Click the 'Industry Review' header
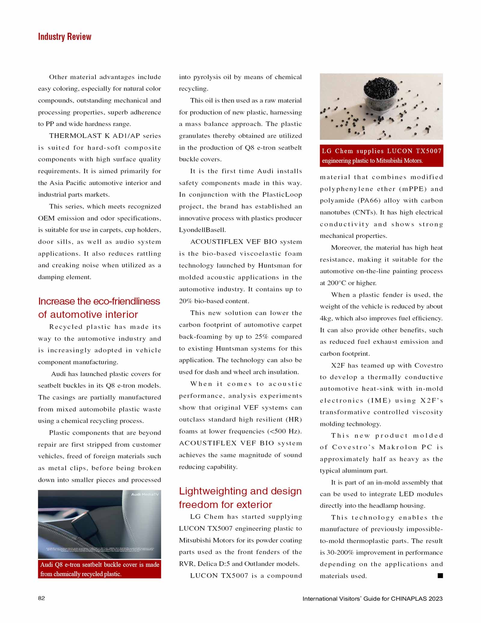click(65, 37)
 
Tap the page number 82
click(41, 598)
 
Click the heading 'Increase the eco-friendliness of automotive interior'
click(99, 308)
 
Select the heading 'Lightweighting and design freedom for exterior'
click(240, 498)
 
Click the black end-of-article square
click(440, 575)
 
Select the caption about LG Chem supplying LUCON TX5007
click(381, 156)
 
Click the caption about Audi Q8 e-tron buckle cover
click(100, 569)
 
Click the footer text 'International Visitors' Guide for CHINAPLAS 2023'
click(372, 599)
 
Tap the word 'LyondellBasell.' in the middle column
click(202, 230)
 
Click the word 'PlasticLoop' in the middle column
click(282, 195)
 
